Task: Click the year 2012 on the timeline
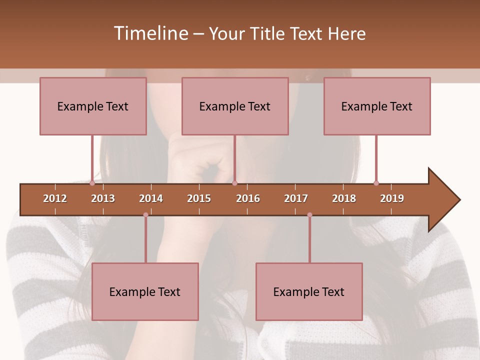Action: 55,198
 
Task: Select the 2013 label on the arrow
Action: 103,198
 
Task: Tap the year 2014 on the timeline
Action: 151,198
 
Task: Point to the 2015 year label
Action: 199,198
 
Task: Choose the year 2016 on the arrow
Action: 248,198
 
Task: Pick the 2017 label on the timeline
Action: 296,198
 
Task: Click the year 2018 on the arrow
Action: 344,198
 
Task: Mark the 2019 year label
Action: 392,198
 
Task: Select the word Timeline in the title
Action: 150,33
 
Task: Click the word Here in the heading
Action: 346,34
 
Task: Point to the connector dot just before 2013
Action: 92,183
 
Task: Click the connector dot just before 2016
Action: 234,183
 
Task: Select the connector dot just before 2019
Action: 376,183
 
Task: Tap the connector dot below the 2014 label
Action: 145,215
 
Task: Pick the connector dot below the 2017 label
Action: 309,215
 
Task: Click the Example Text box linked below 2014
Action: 145,292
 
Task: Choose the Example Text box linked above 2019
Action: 377,106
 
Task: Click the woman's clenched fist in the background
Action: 200,160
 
